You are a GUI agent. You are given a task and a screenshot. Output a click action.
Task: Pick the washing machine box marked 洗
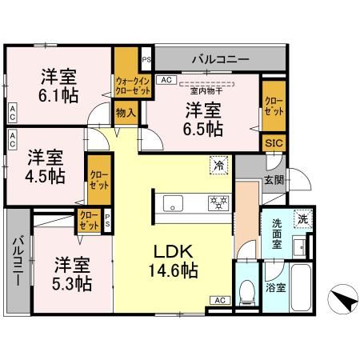303,218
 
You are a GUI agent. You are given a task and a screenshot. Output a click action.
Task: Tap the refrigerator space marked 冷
218,166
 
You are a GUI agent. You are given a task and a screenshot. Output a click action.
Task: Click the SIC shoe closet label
273,142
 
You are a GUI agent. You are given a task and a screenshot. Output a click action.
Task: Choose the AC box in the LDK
218,299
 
